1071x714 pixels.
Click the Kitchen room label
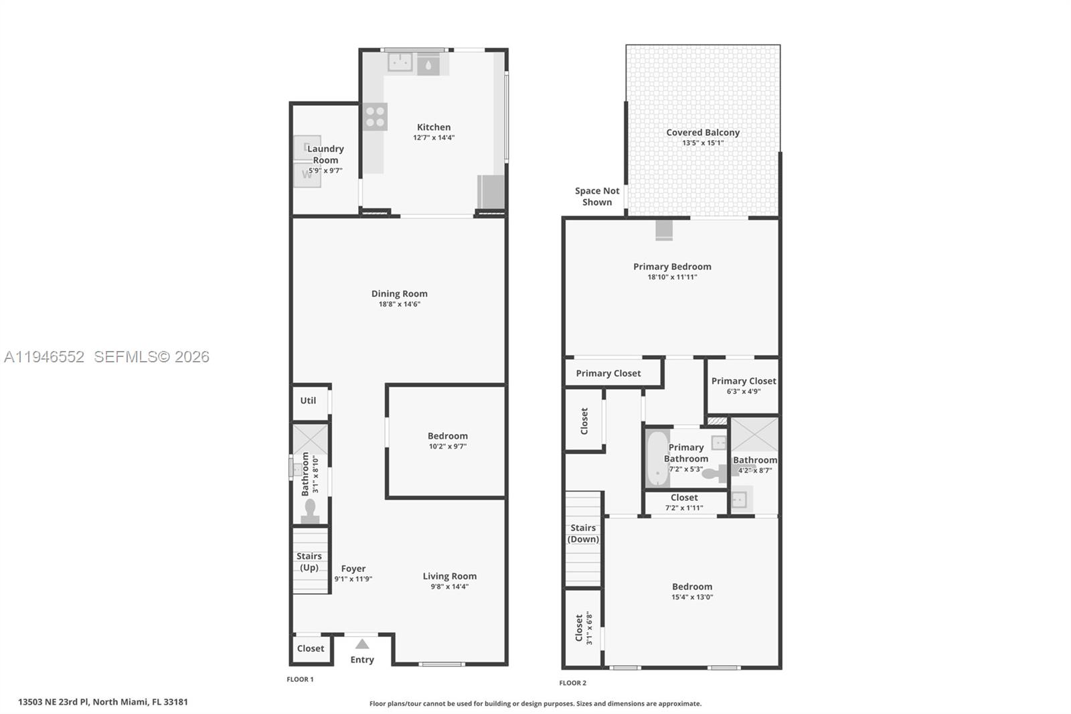coord(434,127)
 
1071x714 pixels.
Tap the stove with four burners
coord(376,117)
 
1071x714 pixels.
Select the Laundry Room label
coord(325,154)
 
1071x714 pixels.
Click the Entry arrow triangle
coord(362,644)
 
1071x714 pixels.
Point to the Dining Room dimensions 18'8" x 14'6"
coord(400,304)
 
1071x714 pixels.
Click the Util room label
coord(308,401)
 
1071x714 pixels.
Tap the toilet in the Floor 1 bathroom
coord(309,511)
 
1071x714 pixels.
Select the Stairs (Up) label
coord(309,561)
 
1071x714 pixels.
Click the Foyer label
coord(353,569)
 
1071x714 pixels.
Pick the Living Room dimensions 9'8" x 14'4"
coord(450,587)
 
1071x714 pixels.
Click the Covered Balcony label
coord(703,133)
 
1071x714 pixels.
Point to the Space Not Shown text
coord(597,196)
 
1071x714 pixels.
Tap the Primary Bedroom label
coord(672,267)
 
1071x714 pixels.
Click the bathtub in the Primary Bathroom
coord(657,459)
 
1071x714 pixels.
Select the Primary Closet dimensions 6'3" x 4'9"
coord(744,391)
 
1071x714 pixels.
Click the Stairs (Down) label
coord(583,533)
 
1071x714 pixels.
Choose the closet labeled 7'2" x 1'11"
coord(684,502)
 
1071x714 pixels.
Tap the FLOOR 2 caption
coord(572,683)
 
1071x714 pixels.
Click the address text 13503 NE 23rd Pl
coord(54,702)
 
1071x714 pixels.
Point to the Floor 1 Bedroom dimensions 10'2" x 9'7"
coord(448,446)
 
